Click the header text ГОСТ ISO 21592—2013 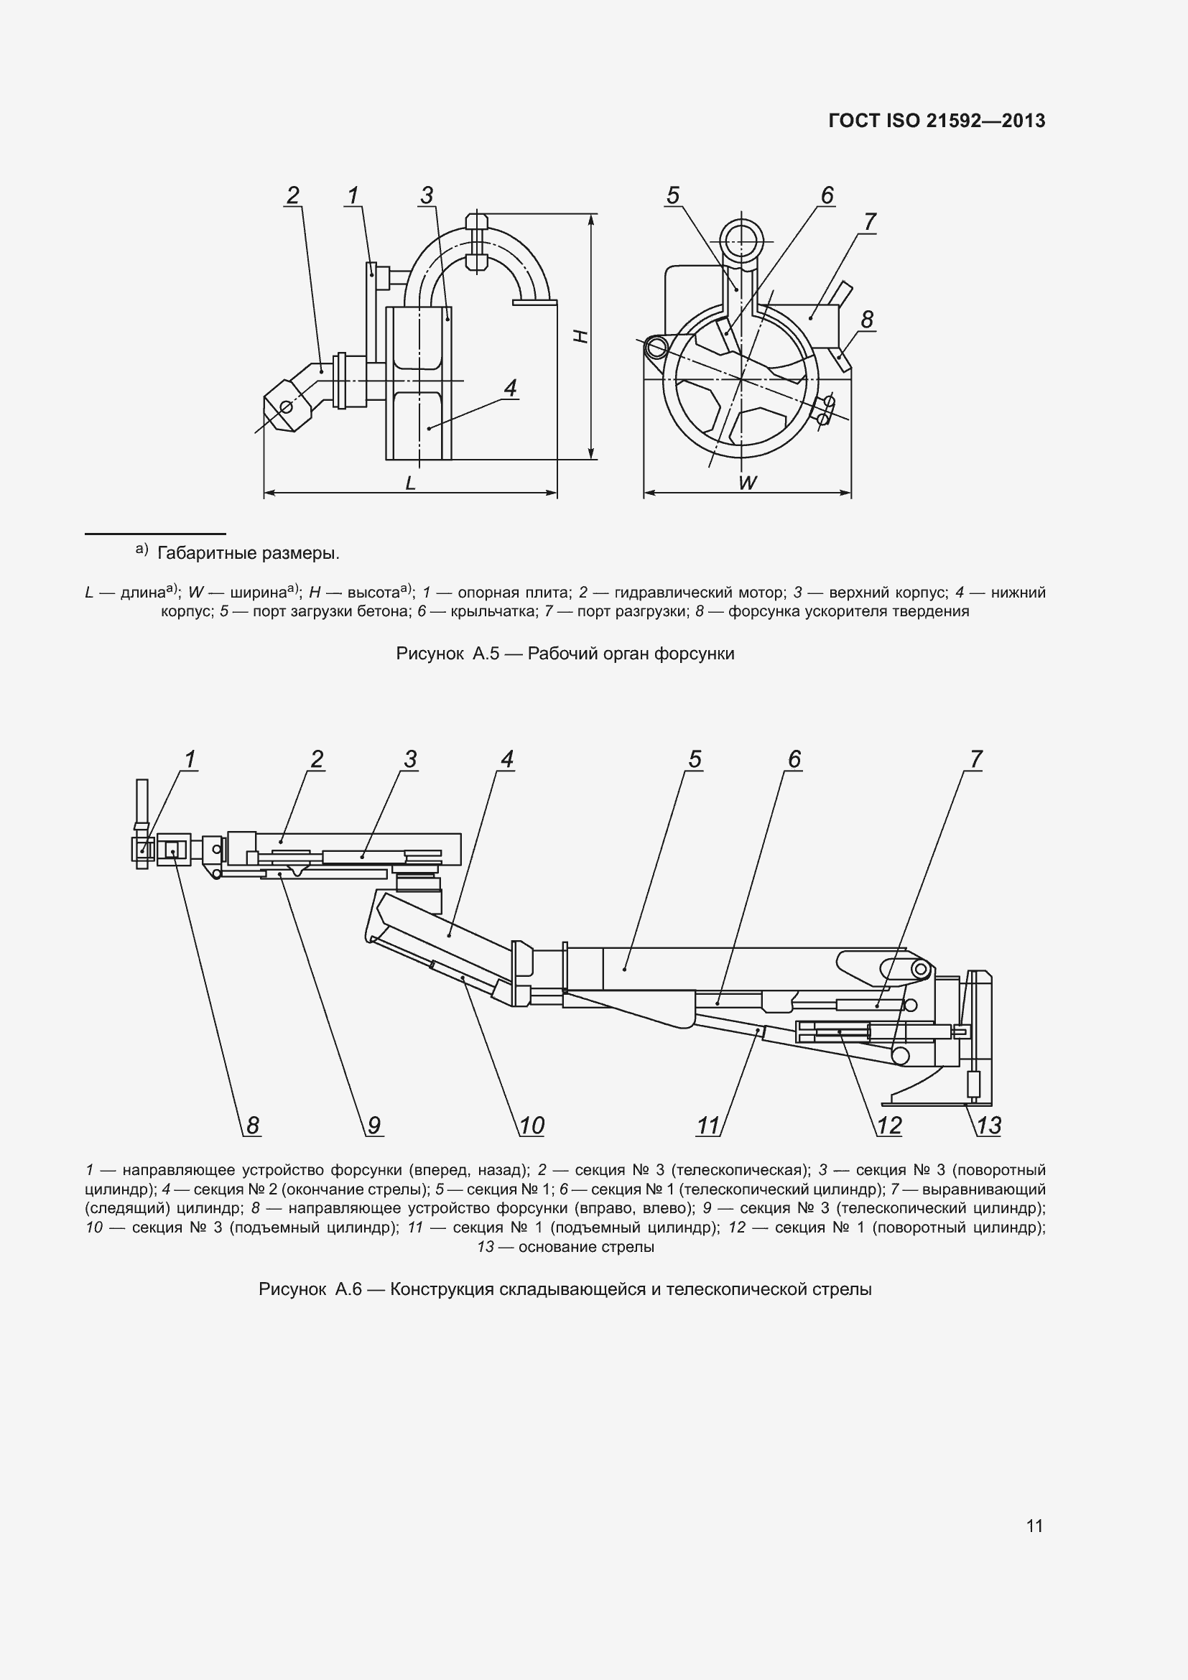(x=937, y=121)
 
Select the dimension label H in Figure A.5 (x=580, y=336)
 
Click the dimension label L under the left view (x=410, y=482)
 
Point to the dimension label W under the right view (x=747, y=482)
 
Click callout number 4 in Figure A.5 (x=511, y=388)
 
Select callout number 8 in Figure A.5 (x=867, y=320)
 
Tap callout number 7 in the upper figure (x=869, y=221)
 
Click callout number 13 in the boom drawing (x=988, y=1126)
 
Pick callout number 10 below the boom (x=532, y=1126)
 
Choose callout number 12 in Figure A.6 (x=888, y=1126)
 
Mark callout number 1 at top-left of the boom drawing (x=190, y=759)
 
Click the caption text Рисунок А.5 (x=447, y=654)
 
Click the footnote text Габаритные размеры (x=248, y=553)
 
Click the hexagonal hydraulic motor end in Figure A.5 (x=286, y=407)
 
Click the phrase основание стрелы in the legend (x=586, y=1247)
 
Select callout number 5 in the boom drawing (x=695, y=759)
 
